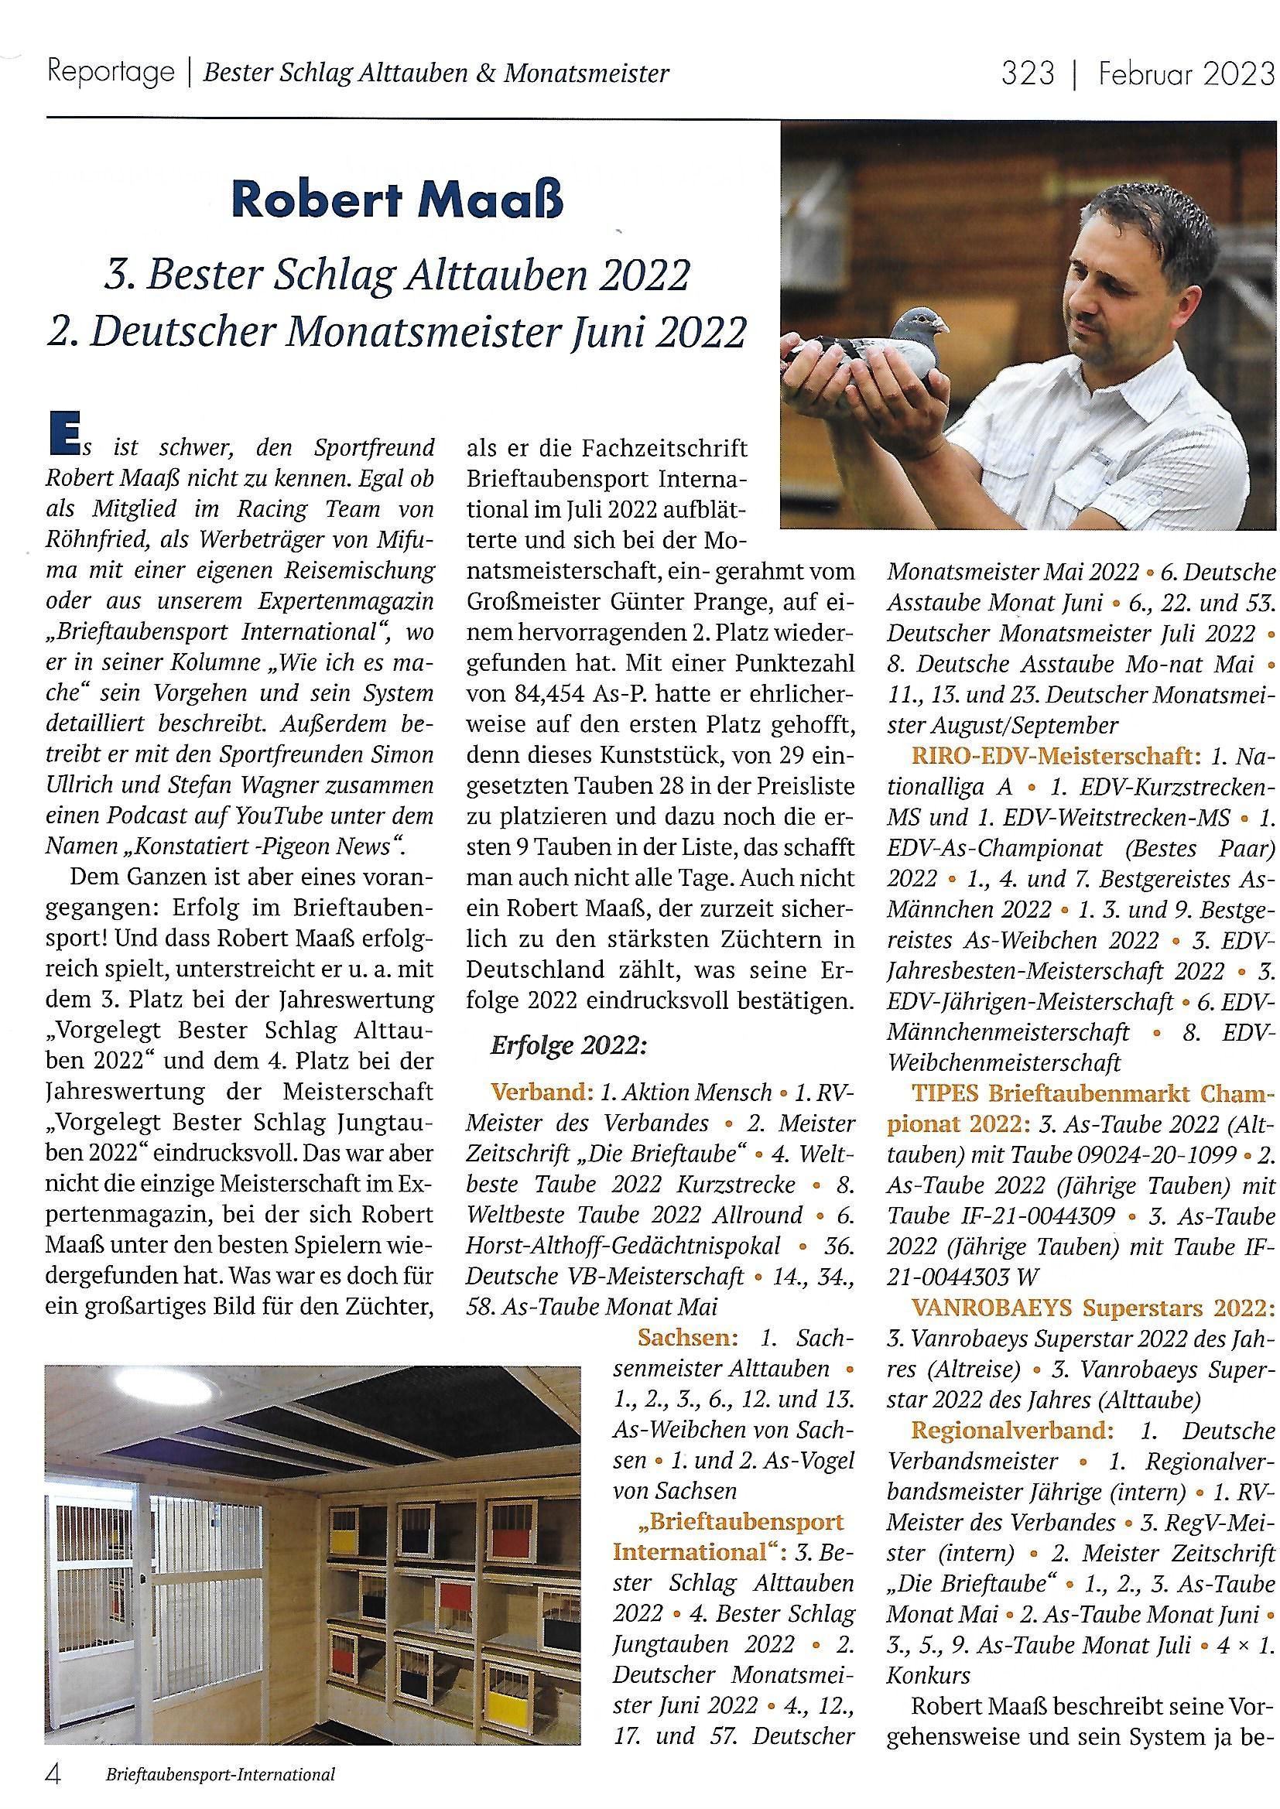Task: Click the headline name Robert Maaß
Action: pyautogui.click(x=397, y=200)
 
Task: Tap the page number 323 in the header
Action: pyautogui.click(x=1028, y=74)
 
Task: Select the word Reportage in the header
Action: pyautogui.click(x=111, y=73)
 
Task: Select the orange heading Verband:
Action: pyautogui.click(x=542, y=1093)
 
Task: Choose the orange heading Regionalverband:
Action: pyautogui.click(x=1013, y=1430)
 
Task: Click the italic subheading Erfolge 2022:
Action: pyautogui.click(x=568, y=1045)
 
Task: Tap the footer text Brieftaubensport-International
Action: pyautogui.click(x=220, y=1775)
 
